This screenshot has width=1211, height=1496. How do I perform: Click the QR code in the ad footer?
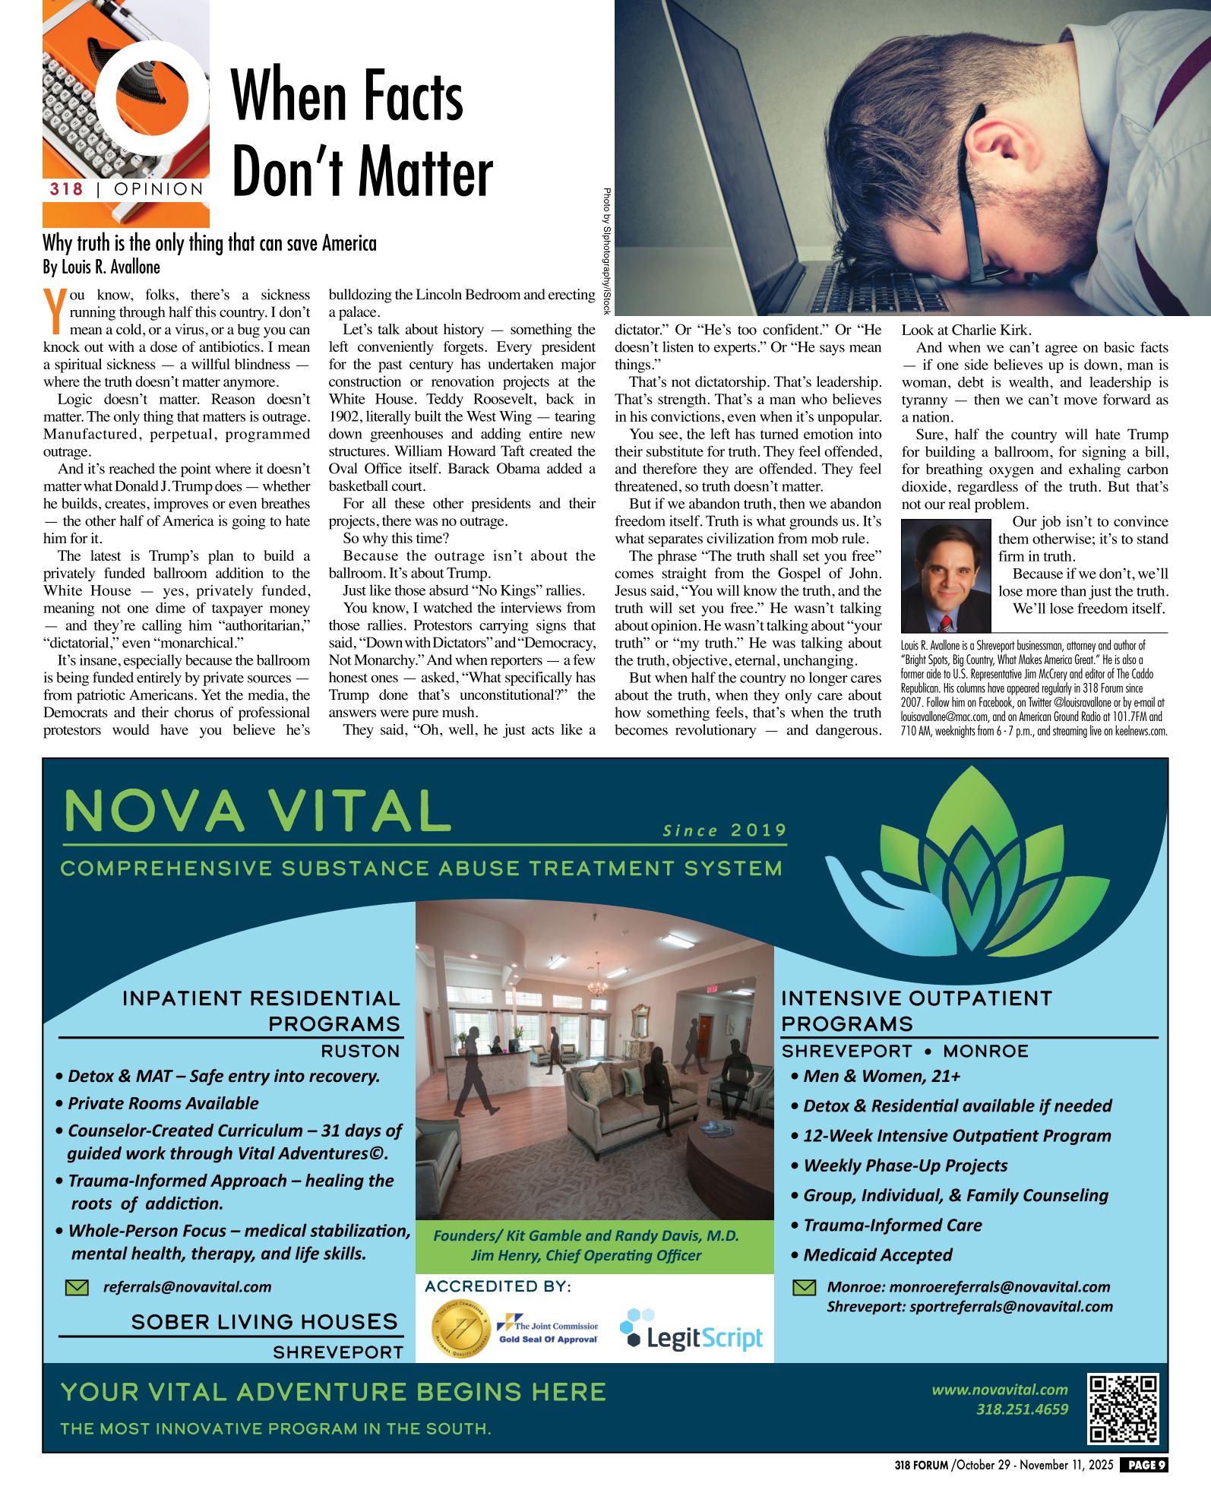tap(1124, 1409)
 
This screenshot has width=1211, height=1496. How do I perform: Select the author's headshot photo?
tap(946, 576)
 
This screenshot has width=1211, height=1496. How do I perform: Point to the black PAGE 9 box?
tap(1144, 1464)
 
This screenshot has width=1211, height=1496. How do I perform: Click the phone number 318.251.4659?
tap(1022, 1409)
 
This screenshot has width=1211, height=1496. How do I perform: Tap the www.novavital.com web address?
tap(1000, 1390)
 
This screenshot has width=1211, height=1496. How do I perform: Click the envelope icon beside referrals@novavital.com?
tap(77, 1287)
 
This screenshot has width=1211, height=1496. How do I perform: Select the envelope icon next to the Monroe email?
tap(804, 1287)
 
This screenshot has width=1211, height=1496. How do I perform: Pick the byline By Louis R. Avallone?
tap(102, 267)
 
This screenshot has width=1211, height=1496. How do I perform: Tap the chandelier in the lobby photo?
tap(598, 985)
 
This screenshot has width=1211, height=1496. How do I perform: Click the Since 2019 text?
tap(724, 830)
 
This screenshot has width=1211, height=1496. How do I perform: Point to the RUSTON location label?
tap(360, 1051)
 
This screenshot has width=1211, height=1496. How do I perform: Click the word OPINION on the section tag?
tap(159, 189)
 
